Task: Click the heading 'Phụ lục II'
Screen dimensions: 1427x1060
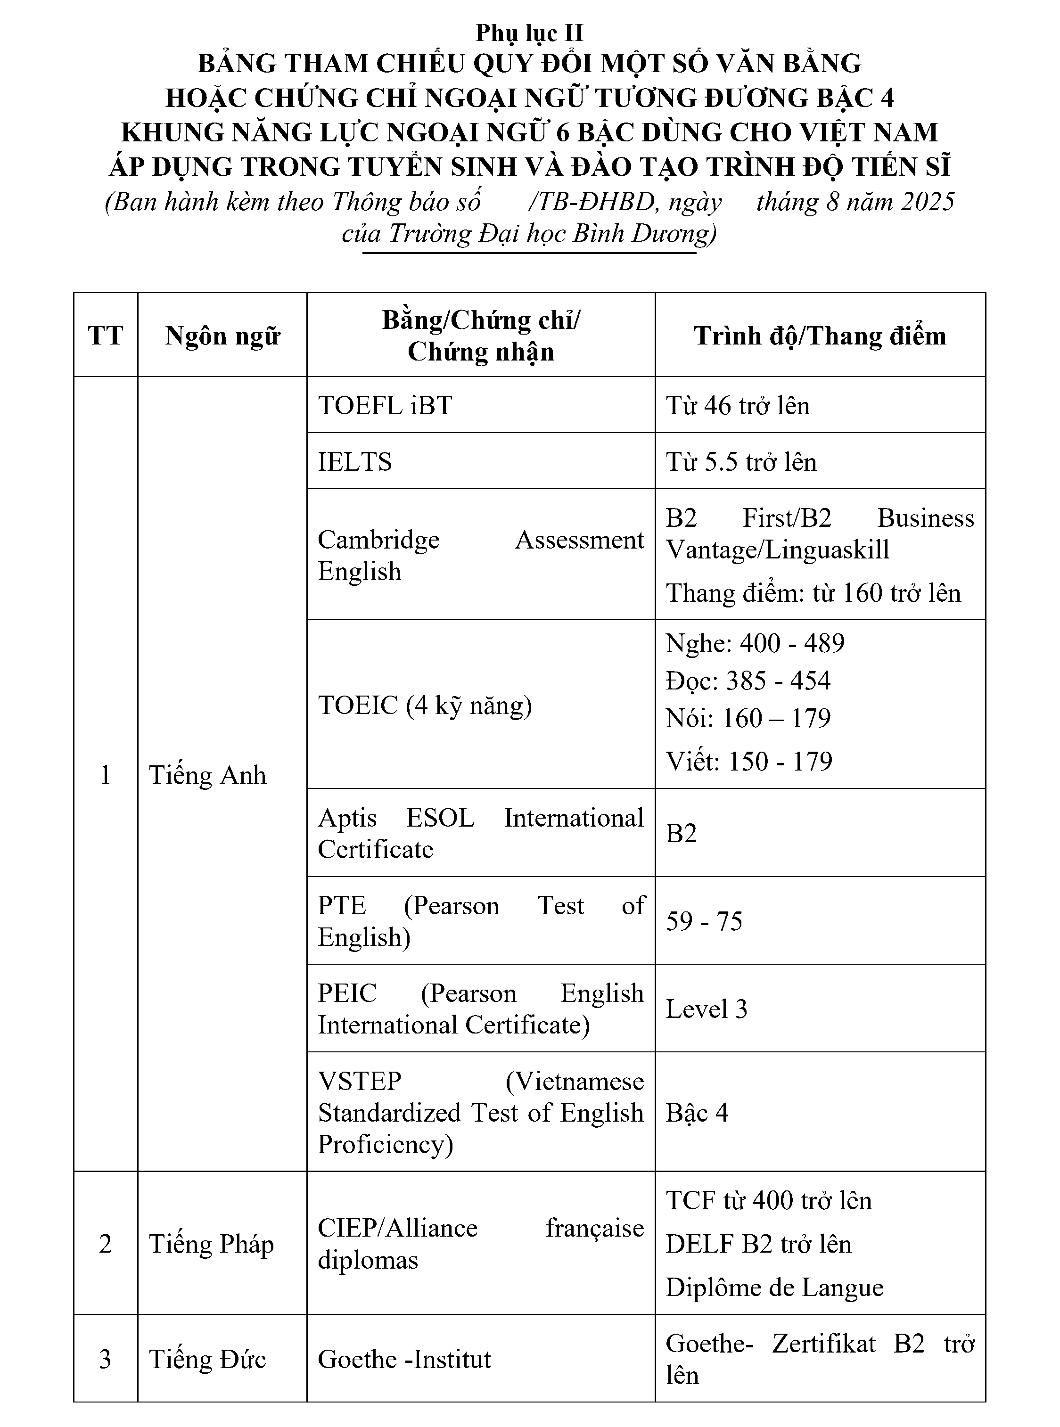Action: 529,33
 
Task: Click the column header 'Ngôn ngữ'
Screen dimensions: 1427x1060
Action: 222,336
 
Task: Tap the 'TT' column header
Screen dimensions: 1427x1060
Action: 105,336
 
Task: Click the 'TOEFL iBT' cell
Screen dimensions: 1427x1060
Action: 385,405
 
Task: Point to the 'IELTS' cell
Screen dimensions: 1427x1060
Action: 355,462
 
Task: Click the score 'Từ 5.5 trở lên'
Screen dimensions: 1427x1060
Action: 741,462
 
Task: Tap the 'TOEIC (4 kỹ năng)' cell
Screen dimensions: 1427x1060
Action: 425,705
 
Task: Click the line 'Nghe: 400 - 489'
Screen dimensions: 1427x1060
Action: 755,643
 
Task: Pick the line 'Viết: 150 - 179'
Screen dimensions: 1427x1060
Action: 749,762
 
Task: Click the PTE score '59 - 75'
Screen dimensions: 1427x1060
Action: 704,921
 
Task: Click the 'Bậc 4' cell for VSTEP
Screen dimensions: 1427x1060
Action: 697,1113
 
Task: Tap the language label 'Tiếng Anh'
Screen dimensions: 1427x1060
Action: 207,775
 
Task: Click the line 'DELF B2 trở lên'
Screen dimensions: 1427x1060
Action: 758,1244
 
